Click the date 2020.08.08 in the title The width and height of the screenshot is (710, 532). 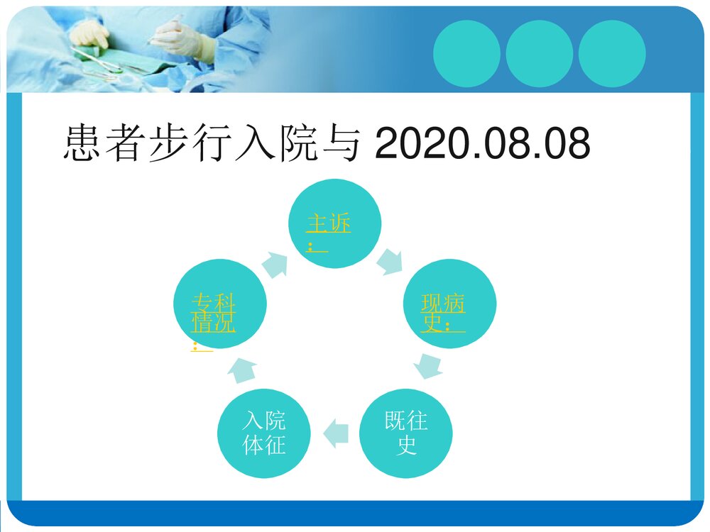(482, 145)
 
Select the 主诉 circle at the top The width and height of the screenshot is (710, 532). (334, 223)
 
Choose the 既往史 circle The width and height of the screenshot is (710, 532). (406, 433)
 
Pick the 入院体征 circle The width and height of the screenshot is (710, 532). (263, 433)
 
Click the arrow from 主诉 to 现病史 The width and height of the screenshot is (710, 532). (390, 261)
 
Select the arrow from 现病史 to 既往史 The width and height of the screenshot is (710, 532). (429, 367)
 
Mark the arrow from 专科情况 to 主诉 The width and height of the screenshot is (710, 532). (275, 265)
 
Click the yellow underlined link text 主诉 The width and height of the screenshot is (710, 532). (328, 225)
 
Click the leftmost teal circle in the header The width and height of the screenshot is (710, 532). (466, 53)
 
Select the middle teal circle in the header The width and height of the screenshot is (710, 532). (540, 53)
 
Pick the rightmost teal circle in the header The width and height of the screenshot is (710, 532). (612, 53)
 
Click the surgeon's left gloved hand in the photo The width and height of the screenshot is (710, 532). (90, 34)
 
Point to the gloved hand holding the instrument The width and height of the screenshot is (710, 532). (183, 39)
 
